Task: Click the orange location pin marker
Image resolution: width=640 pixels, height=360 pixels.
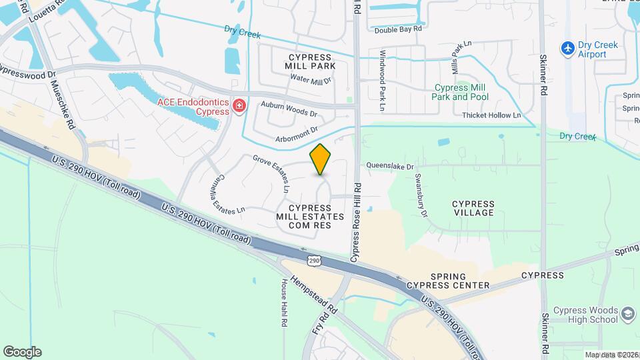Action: [x=321, y=159]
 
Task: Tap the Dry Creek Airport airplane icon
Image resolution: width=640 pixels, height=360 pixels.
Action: [x=567, y=48]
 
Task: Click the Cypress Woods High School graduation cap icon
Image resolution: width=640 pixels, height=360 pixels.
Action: [x=629, y=314]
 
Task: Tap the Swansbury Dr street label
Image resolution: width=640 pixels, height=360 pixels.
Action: [x=421, y=195]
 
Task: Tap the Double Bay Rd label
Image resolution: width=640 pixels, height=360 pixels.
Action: [x=398, y=29]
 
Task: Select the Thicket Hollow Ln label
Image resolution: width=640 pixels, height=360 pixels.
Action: [x=491, y=115]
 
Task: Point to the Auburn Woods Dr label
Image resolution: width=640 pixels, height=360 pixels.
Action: [x=289, y=109]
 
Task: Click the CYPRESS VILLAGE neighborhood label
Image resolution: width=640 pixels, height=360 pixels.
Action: [x=473, y=208]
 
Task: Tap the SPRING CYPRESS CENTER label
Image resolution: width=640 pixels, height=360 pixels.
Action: [x=460, y=281]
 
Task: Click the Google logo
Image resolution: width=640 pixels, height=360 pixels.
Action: [x=22, y=351]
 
